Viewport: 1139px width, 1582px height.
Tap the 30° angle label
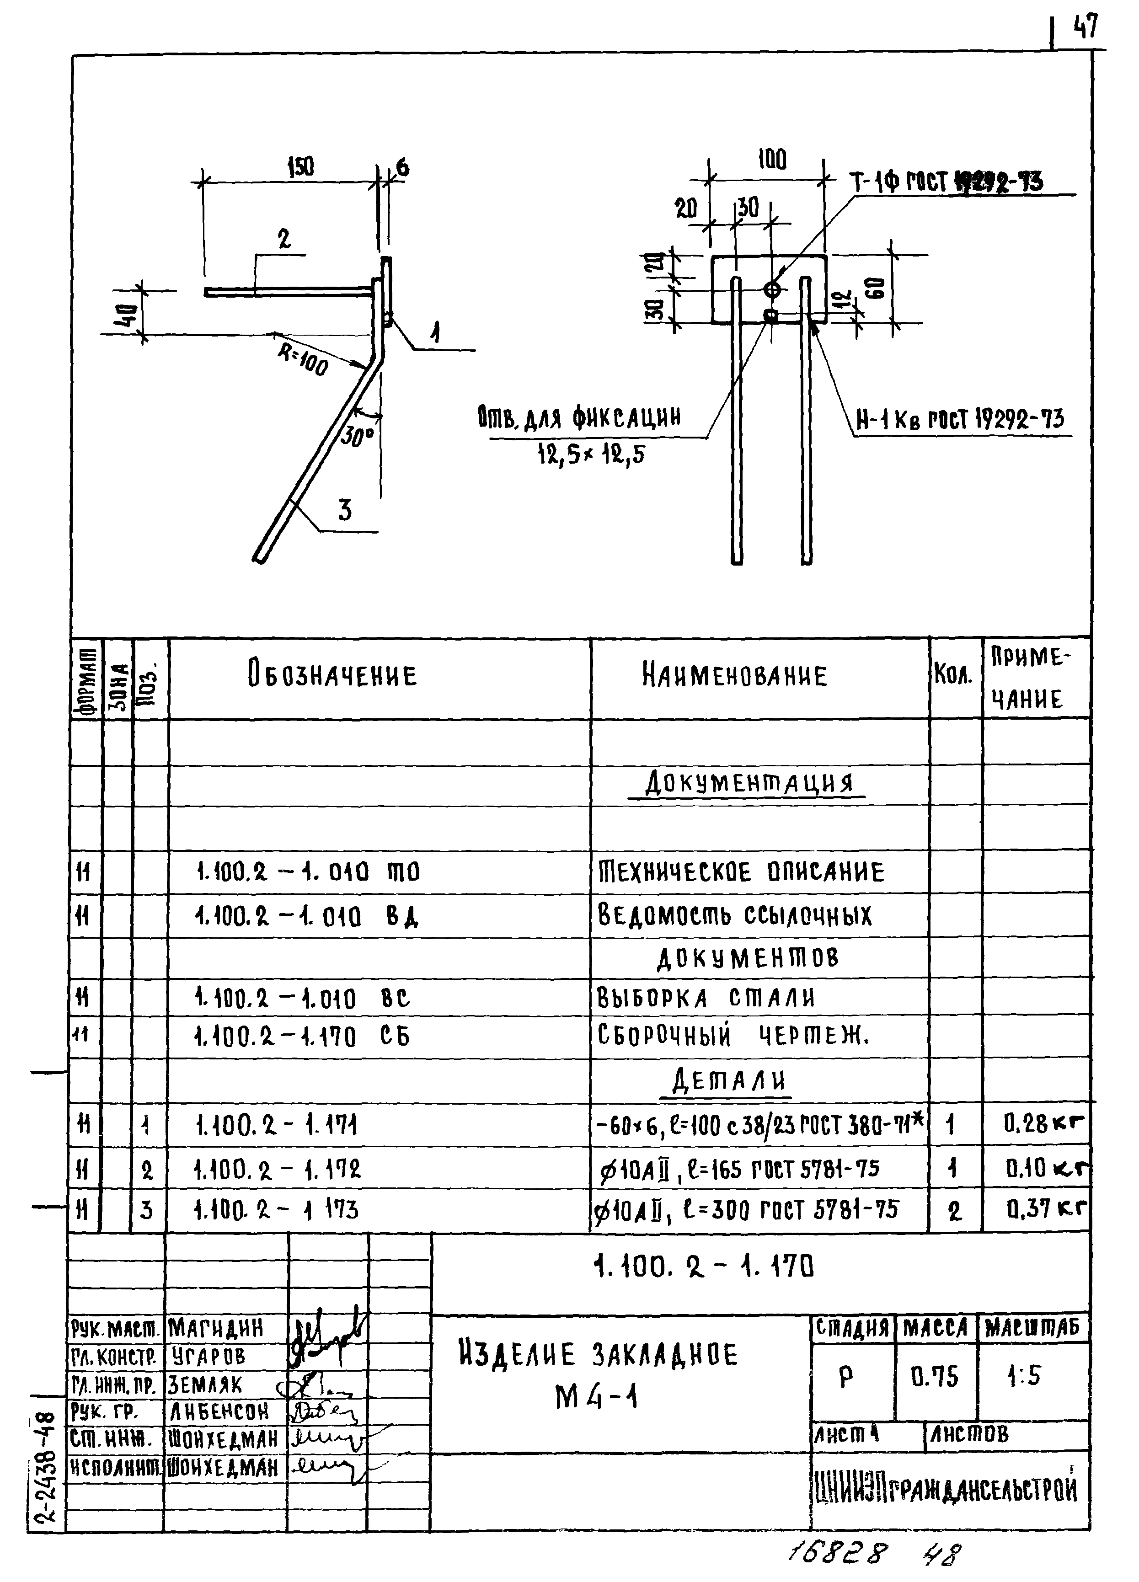[x=358, y=438]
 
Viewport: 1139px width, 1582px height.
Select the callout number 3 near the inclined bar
[x=345, y=511]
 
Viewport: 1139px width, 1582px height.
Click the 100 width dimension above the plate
[x=772, y=160]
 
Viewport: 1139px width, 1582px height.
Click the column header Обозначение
[x=332, y=675]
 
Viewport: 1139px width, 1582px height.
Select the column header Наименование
[x=734, y=675]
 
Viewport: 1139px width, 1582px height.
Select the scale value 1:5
[x=1023, y=1376]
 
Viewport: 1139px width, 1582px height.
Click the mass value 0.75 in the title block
[x=935, y=1376]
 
